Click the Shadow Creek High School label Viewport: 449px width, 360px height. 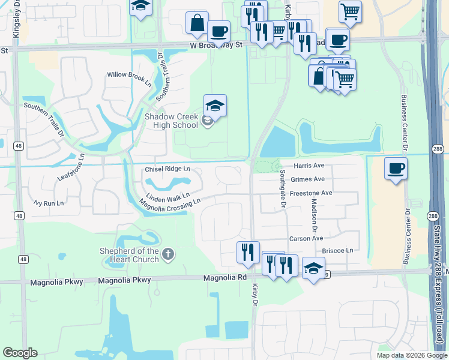(x=171, y=121)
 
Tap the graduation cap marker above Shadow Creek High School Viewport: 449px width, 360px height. (x=215, y=106)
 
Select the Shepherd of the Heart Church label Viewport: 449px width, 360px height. (x=130, y=255)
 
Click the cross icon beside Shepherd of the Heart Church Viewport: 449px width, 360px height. (x=167, y=254)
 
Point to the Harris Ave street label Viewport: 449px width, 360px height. (x=309, y=166)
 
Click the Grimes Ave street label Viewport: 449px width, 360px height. (x=307, y=179)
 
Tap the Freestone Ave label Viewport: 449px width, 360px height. (x=311, y=194)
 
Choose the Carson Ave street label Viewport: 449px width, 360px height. (x=306, y=239)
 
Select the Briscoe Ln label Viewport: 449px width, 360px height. (x=337, y=250)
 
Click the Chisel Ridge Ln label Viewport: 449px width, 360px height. (x=167, y=170)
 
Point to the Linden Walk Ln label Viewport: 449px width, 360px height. (x=168, y=196)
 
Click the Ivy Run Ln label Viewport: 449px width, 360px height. (x=49, y=203)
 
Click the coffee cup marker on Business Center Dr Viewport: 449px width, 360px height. (x=396, y=169)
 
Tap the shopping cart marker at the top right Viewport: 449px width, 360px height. (x=350, y=10)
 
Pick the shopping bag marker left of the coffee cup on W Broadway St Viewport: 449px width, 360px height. (x=197, y=23)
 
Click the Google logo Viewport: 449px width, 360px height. (x=20, y=353)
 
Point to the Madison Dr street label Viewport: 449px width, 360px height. (x=313, y=216)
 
